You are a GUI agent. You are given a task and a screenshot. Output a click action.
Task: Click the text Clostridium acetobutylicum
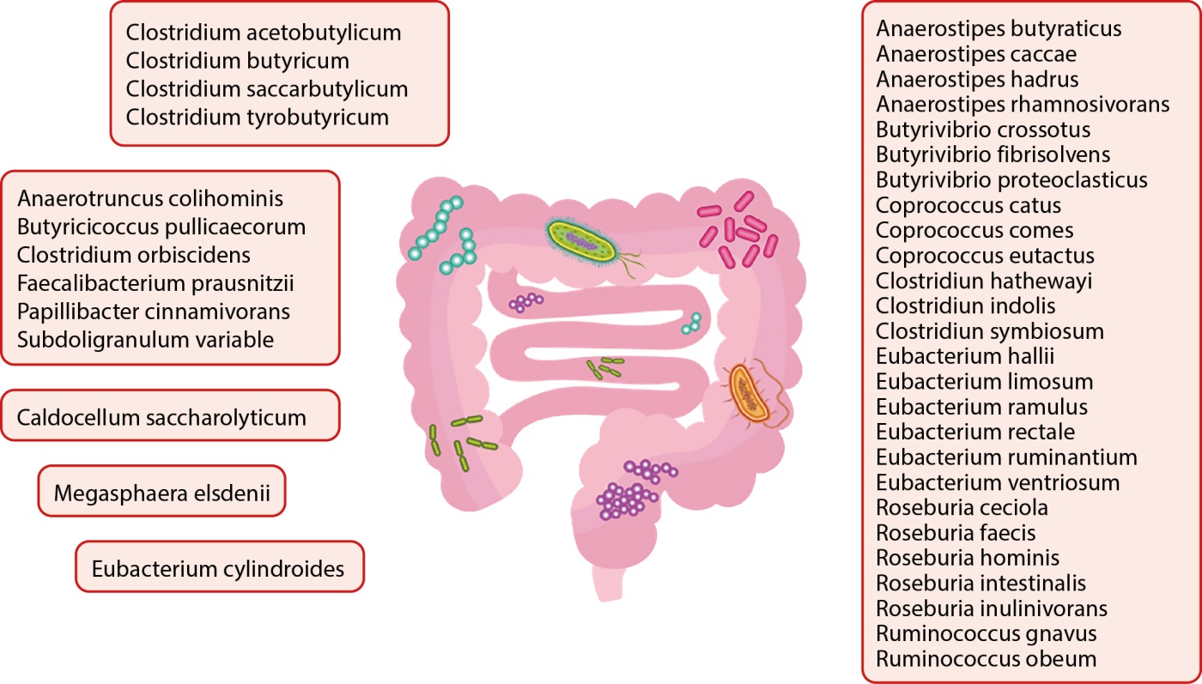[x=264, y=33]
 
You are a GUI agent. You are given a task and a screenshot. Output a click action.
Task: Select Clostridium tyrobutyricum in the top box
[x=257, y=117]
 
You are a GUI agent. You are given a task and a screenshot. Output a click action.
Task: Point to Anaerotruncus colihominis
[x=150, y=199]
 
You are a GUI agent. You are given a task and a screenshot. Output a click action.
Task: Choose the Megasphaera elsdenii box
[x=161, y=493]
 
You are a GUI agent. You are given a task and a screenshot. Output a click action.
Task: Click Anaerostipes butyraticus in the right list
[x=999, y=29]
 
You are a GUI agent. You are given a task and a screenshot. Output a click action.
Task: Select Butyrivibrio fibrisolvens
[x=993, y=155]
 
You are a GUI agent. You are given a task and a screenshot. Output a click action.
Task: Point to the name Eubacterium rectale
[x=975, y=432]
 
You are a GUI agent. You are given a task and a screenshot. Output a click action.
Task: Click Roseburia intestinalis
[x=980, y=584]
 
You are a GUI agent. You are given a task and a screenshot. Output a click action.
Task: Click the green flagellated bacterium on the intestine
[x=584, y=242]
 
